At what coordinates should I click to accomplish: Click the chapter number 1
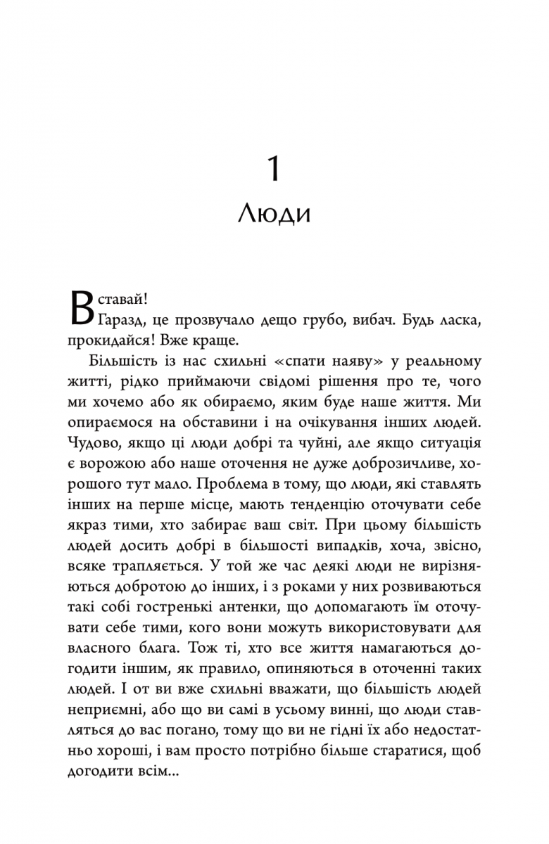click(x=273, y=171)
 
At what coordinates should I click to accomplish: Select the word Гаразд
click(x=125, y=319)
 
